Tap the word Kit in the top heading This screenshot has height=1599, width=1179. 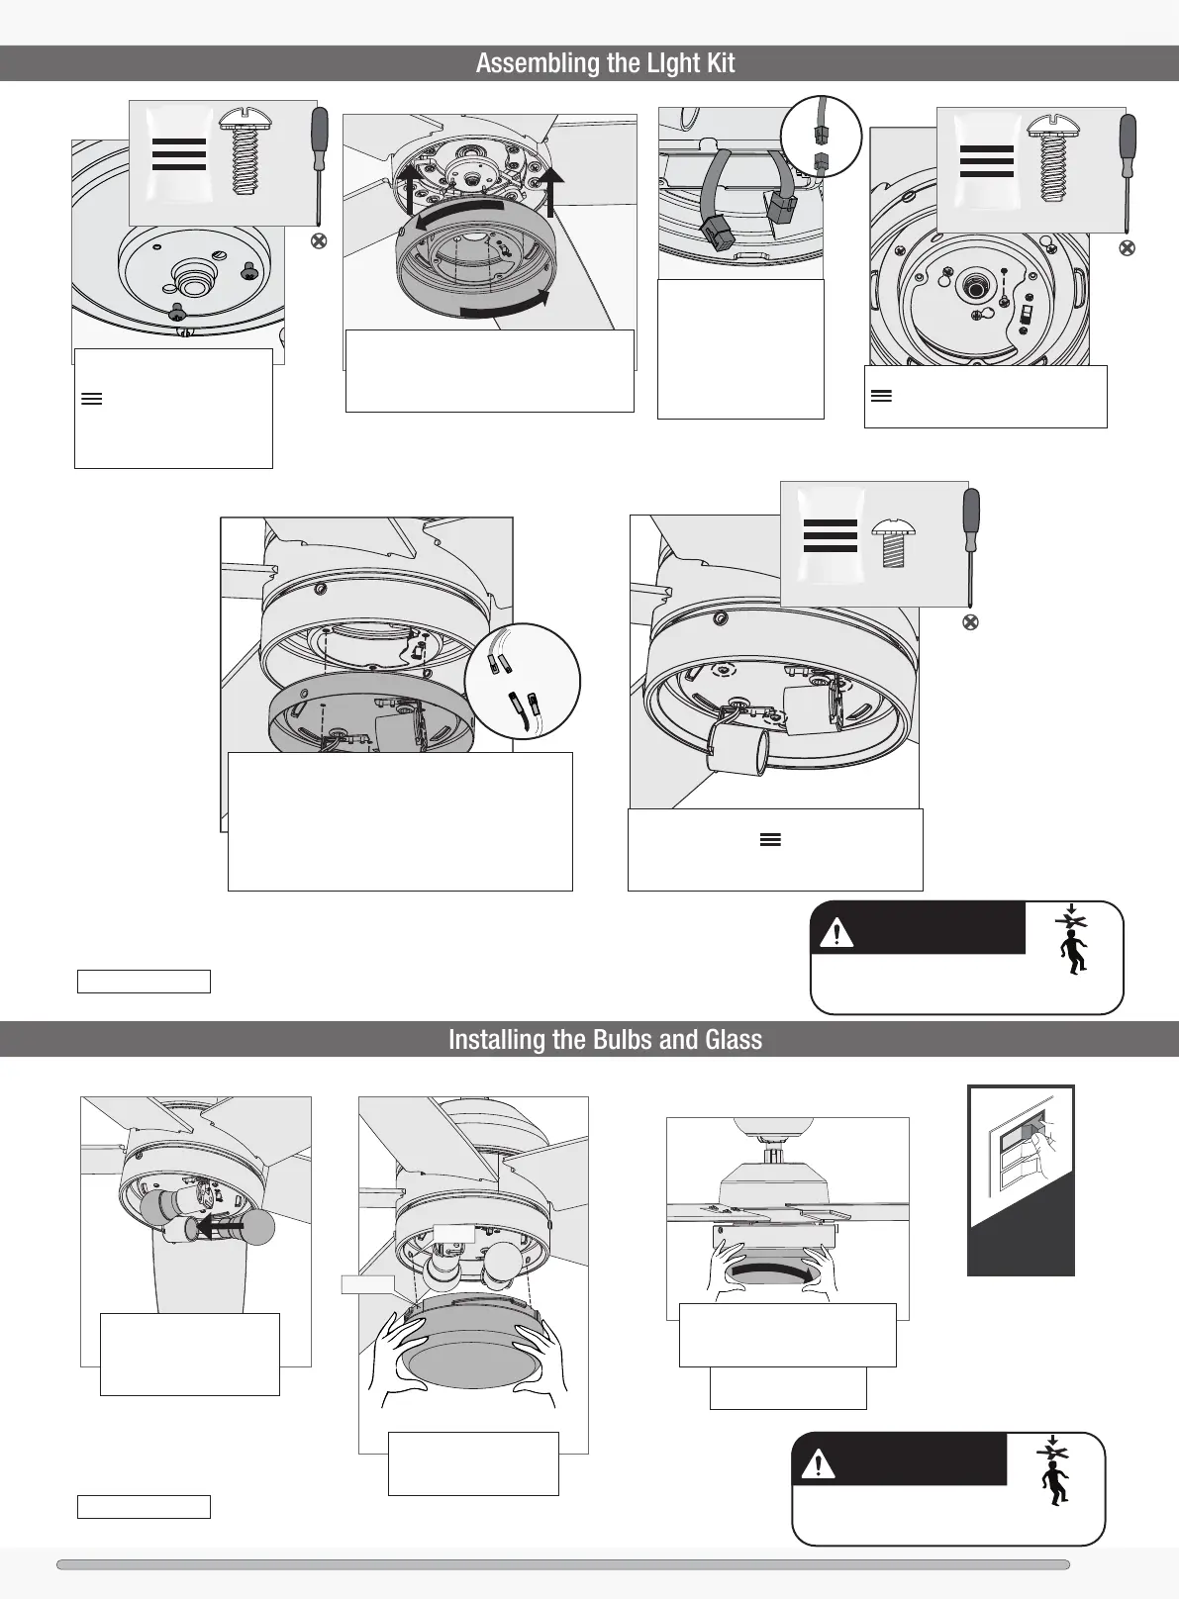pyautogui.click(x=722, y=62)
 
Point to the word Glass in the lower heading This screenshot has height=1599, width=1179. pyautogui.click(x=735, y=1039)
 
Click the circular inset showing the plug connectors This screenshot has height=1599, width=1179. pyautogui.click(x=822, y=137)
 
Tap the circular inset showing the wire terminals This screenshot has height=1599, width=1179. pyautogui.click(x=522, y=682)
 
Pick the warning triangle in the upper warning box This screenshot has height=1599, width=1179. pyautogui.click(x=836, y=932)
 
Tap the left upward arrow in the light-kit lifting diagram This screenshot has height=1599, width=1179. pyautogui.click(x=409, y=189)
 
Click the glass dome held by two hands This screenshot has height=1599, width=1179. pyautogui.click(x=470, y=1343)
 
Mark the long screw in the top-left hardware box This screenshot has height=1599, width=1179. pyautogui.click(x=245, y=151)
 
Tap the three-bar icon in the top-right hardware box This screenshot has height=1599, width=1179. pyautogui.click(x=987, y=161)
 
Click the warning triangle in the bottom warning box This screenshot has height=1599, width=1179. pyautogui.click(x=819, y=1464)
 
